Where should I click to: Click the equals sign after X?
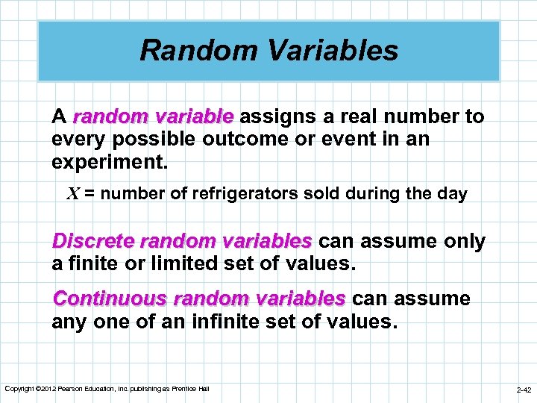click(89, 195)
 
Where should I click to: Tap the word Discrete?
click(92, 242)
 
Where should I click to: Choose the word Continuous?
click(110, 299)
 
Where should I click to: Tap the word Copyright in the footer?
click(19, 389)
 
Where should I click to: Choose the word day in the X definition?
click(453, 194)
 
